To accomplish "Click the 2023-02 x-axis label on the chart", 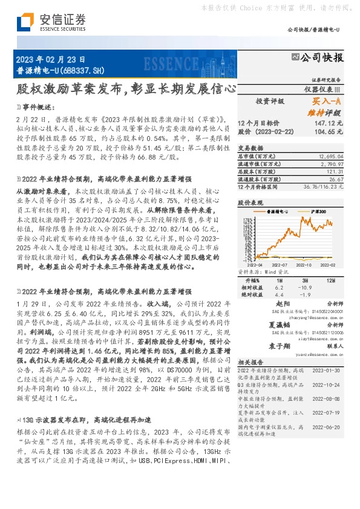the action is click(x=328, y=265).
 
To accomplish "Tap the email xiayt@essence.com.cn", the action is click(x=310, y=340).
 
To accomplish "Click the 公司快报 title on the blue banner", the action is click(x=322, y=59).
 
